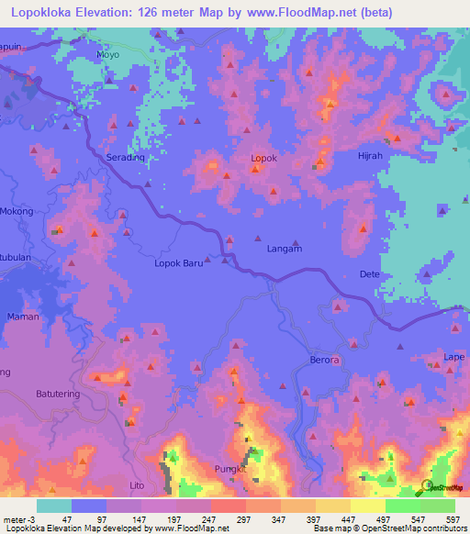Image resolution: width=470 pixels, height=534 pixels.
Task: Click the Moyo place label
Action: click(x=108, y=55)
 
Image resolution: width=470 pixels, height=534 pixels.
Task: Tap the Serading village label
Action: click(x=126, y=158)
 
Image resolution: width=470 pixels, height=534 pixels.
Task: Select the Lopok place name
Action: click(x=263, y=158)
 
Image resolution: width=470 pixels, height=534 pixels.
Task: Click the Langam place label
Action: click(x=284, y=249)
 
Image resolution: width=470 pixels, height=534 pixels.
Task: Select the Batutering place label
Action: click(x=59, y=394)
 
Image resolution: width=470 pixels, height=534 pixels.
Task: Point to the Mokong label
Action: click(x=17, y=211)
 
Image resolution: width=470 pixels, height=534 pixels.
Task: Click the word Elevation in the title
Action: click(x=121, y=13)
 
